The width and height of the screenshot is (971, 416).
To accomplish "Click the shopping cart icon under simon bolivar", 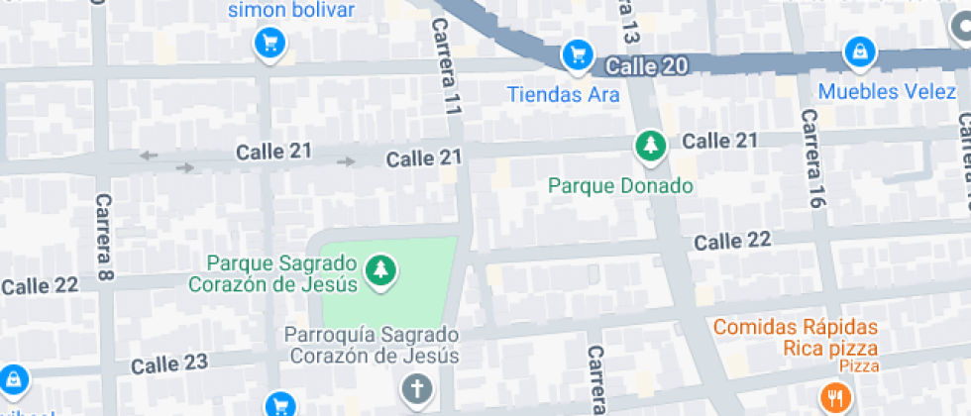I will coord(270,42).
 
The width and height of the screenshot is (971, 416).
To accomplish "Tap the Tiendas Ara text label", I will coord(563,95).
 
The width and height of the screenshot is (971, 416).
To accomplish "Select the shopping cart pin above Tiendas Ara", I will coord(577,54).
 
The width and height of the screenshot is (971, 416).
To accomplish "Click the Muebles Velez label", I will coord(888,92).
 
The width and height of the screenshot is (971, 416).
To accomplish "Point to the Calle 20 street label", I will coord(645,66).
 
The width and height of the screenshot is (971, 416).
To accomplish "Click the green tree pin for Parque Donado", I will coord(650,146).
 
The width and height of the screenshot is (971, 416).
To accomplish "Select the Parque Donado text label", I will coord(620,185).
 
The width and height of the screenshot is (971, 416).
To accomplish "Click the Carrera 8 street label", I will coord(103,236).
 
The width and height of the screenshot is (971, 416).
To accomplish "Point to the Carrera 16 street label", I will coord(812,158).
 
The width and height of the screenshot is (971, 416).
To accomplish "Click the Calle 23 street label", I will coord(170,364).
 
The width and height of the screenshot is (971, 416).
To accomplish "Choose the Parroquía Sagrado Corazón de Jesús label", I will coord(372,346).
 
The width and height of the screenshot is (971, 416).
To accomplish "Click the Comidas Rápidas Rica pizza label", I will coord(796,337).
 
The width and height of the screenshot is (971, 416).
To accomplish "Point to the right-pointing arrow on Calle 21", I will coord(346,161).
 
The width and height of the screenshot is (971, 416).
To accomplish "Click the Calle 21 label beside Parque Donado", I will coord(719,141).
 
